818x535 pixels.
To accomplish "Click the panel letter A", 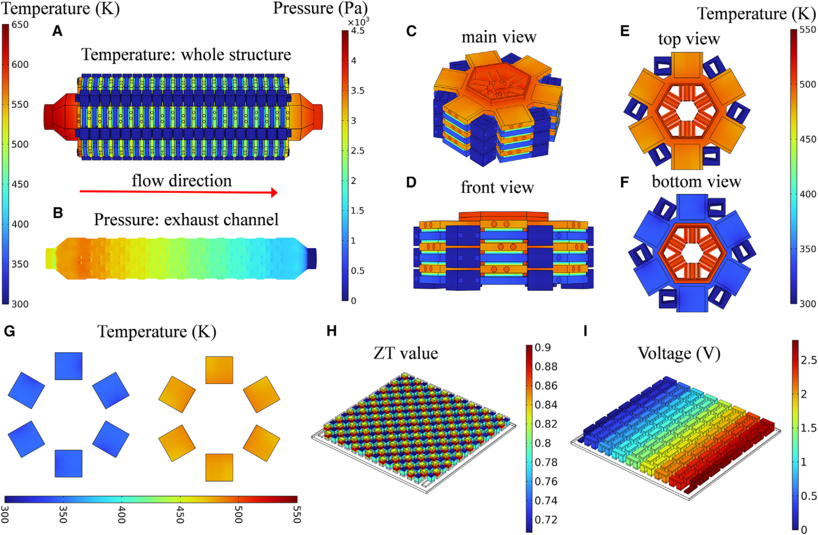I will point(57,31).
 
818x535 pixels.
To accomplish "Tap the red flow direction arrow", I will point(179,192).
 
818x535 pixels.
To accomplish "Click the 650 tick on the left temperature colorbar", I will point(20,25).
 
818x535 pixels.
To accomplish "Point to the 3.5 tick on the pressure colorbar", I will point(358,91).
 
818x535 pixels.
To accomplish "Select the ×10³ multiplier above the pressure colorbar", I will point(358,21).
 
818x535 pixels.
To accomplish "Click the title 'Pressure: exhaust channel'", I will point(186,220).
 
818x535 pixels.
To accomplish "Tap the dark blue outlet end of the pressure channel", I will point(311,258).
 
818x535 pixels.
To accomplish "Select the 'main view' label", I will point(499,38).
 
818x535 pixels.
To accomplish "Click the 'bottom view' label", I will point(696,182).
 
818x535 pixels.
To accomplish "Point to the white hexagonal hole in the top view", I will point(686,110).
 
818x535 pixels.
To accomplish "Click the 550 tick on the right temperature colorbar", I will point(808,30).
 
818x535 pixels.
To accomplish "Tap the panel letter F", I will point(624,182).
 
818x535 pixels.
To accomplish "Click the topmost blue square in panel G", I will point(69,366).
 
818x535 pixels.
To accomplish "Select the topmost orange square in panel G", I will point(219,370).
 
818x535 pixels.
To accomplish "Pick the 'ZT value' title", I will point(405,353).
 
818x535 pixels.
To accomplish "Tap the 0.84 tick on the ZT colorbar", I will point(546,405).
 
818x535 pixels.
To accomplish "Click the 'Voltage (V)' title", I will point(679,353).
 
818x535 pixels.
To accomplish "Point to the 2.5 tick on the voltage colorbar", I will point(808,360).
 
